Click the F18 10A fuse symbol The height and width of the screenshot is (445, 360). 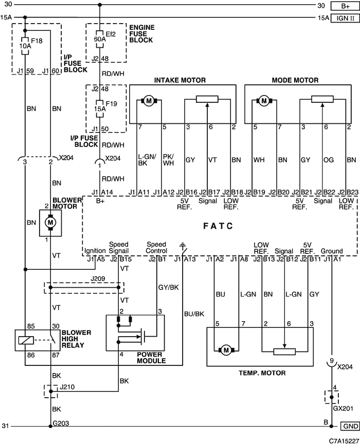coord(25,46)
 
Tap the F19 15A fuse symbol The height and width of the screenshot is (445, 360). coord(99,108)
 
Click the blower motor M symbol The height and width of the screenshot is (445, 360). coord(50,222)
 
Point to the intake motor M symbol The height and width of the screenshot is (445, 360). coord(149,101)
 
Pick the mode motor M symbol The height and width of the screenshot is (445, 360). coord(264,101)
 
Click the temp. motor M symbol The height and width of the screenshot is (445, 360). coord(226,350)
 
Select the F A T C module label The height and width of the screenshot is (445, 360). coord(218,226)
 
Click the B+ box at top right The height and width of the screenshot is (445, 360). coord(345,6)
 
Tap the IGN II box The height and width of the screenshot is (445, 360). coord(345,18)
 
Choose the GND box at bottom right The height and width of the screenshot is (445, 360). coord(350,427)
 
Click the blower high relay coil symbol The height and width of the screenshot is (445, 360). coord(26,340)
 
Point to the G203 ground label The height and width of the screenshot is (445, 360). coord(61,423)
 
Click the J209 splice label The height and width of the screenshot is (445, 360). coord(98,279)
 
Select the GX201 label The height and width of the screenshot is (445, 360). coord(343,409)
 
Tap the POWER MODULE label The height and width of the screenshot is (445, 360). coord(151,358)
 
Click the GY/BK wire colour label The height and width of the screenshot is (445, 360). coord(169,287)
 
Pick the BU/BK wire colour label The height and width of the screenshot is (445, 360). coord(194,314)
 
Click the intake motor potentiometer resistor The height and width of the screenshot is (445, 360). coord(207,99)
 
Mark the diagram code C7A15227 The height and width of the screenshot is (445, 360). coord(344,441)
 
